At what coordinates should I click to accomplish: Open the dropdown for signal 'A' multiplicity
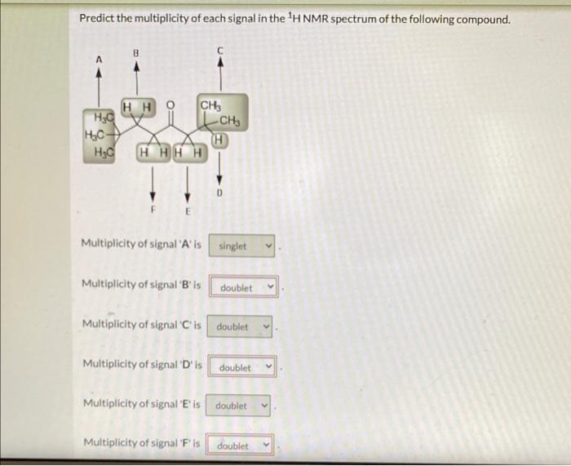[241, 246]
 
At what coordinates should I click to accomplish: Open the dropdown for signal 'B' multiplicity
[245, 287]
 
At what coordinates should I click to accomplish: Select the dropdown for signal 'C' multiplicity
[241, 326]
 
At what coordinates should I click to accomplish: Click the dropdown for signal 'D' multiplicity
[243, 367]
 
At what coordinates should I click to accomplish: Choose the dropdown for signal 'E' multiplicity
[239, 406]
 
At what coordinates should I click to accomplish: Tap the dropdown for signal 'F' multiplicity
[241, 446]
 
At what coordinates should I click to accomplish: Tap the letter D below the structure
[218, 193]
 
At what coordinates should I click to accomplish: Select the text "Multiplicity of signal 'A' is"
[141, 244]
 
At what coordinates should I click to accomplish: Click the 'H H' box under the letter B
[135, 106]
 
